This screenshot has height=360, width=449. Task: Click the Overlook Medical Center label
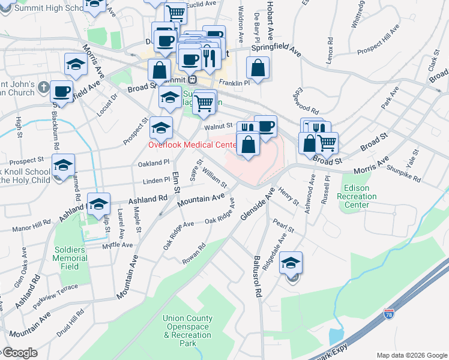point(193,145)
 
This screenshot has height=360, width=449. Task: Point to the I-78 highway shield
point(389,313)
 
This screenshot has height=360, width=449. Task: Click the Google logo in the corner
point(20,353)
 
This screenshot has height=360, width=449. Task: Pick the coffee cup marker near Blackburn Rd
point(61,91)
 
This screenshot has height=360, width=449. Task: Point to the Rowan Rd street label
point(194,253)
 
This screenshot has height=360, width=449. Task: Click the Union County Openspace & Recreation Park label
point(187,331)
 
